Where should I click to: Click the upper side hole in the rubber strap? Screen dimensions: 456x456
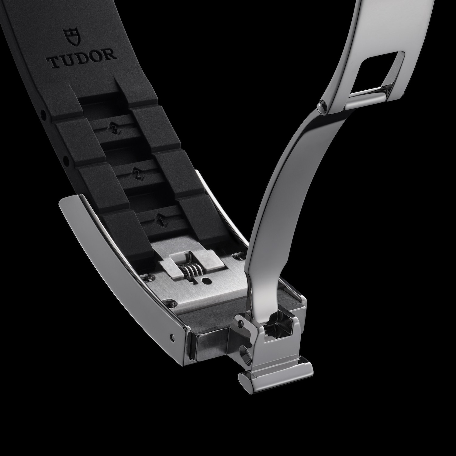click(x=43, y=115)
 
